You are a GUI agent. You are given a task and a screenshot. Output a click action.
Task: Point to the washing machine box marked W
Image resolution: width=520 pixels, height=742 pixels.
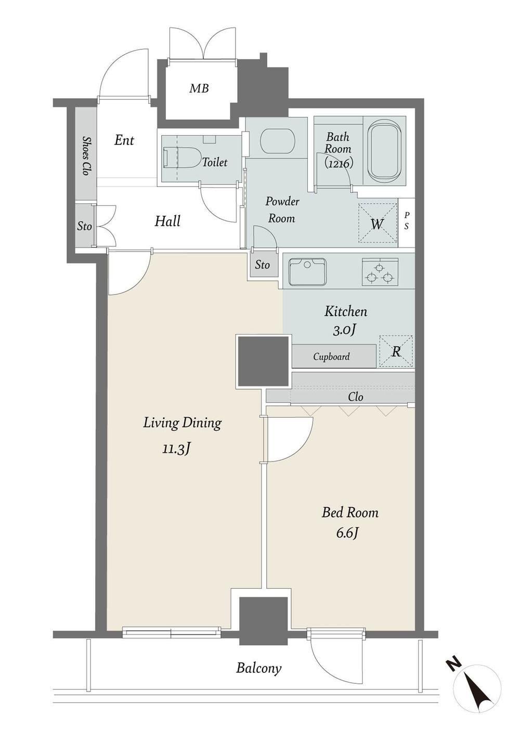coord(377,223)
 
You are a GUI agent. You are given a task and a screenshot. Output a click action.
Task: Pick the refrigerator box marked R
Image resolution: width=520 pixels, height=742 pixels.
coord(396,351)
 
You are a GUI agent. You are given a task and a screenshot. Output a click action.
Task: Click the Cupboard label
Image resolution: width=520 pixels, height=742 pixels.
coord(331,357)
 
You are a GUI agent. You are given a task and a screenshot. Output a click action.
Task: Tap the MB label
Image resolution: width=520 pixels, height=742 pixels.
coord(199,88)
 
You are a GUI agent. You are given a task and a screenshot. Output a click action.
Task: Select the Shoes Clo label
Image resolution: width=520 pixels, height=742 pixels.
coord(87,155)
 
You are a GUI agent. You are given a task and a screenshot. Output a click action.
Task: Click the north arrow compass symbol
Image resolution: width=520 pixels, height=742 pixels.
coord(477,701)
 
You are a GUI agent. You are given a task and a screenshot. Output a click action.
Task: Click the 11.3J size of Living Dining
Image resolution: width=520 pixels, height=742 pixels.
coord(176,449)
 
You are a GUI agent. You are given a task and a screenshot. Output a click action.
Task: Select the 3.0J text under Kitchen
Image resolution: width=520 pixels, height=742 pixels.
coord(345,330)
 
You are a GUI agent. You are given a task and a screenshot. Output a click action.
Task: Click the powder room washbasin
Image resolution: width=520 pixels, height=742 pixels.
coord(277,140)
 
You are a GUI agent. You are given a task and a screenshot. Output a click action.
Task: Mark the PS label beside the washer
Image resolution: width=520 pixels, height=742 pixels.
coord(407,221)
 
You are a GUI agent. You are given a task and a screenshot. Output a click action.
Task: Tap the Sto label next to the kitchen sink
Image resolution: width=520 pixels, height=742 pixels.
coord(262,265)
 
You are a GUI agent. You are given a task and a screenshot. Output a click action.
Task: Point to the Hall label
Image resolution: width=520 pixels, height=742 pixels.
coord(167,221)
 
